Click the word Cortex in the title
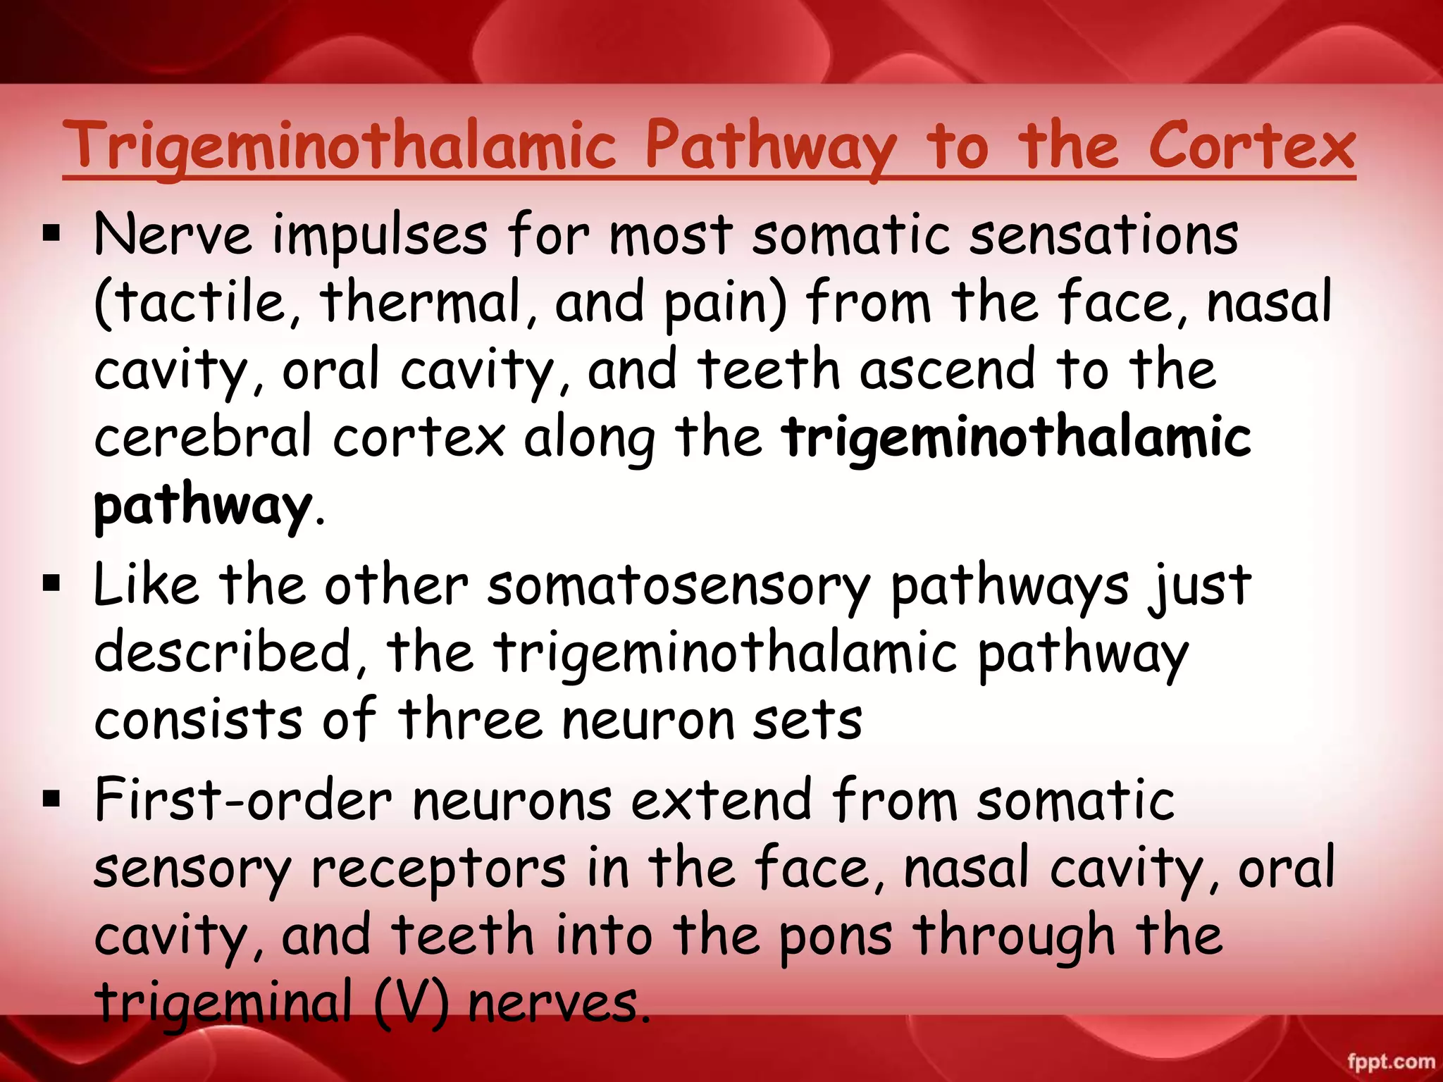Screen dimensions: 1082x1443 click(1251, 147)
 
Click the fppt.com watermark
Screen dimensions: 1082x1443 click(1391, 1062)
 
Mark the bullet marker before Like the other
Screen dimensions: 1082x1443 click(51, 583)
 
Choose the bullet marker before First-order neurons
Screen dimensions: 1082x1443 click(51, 799)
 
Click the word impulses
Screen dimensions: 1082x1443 click(380, 235)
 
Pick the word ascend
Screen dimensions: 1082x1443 click(948, 369)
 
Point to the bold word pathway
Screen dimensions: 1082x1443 click(203, 506)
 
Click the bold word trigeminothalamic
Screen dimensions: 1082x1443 click(1016, 437)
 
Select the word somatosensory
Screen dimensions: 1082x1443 click(679, 586)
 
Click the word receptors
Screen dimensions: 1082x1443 click(438, 868)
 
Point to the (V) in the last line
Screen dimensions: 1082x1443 click(411, 1002)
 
